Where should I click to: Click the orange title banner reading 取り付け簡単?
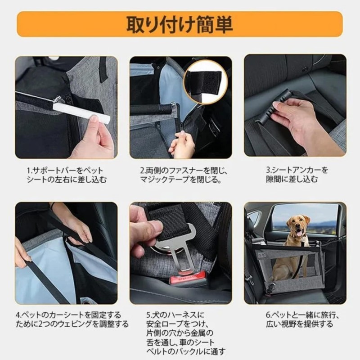tap(180, 24)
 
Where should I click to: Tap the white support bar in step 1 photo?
tap(81, 112)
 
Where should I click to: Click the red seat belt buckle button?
tap(188, 280)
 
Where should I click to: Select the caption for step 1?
tap(67, 175)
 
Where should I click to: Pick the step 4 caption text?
tap(72, 319)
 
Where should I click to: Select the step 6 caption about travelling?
tap(302, 319)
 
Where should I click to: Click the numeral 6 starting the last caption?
tap(268, 315)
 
